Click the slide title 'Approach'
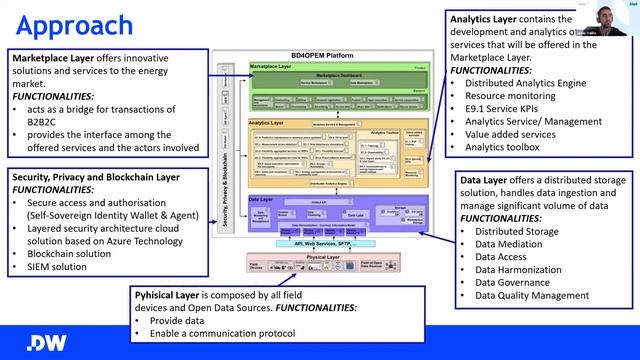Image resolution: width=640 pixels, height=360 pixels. coord(75,24)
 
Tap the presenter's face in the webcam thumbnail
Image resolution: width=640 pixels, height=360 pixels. coord(607,14)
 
